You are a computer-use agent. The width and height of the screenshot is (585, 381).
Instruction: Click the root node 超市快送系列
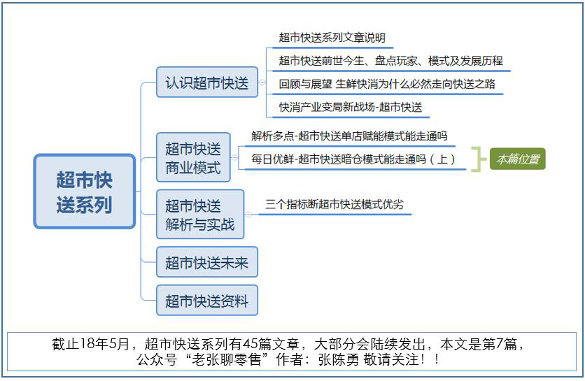(84, 192)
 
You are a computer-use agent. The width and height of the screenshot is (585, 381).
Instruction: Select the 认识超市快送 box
(207, 82)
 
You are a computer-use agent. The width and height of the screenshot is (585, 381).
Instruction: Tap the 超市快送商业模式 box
(193, 157)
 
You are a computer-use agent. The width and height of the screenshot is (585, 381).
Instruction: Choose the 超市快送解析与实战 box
(200, 215)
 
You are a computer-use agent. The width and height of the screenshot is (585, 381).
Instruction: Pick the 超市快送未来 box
(207, 262)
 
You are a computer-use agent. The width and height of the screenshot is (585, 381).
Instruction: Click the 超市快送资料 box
(207, 301)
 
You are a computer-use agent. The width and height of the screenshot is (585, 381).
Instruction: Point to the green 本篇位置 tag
(517, 159)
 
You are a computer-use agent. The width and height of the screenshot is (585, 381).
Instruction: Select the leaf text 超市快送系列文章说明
(332, 38)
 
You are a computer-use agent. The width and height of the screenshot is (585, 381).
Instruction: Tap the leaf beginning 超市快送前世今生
(390, 60)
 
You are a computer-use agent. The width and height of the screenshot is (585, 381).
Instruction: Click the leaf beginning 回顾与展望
(387, 84)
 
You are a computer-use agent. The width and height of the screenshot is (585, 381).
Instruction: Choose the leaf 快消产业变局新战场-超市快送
(351, 108)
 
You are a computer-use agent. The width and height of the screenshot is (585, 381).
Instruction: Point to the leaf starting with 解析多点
(349, 136)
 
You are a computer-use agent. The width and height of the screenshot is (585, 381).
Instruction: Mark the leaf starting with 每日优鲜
(353, 159)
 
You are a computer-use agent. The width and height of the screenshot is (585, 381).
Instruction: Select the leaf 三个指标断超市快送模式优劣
(334, 204)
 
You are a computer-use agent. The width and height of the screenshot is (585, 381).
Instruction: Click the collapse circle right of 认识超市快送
(262, 82)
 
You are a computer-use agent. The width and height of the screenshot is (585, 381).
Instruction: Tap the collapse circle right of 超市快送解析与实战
(248, 215)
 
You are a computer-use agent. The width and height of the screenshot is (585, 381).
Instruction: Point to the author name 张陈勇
(339, 359)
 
